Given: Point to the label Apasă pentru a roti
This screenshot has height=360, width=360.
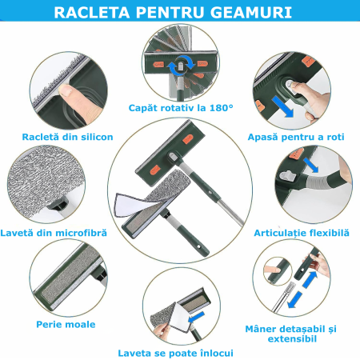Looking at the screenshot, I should pos(297,137).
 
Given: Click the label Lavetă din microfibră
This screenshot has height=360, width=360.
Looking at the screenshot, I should pos(66,232).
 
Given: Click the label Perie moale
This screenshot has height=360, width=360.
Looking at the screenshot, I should pos(66,324).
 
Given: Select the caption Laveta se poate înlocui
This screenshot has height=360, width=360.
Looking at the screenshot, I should pos(176,351).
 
